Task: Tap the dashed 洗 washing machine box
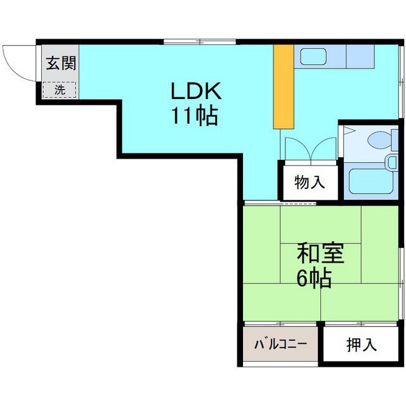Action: point(59,89)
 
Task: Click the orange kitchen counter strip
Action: point(284,86)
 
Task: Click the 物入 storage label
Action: point(310,183)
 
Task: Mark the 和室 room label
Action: point(303,253)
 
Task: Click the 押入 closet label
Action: point(362,344)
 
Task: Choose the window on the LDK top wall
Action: point(199,42)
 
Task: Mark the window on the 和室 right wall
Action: point(402,266)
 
